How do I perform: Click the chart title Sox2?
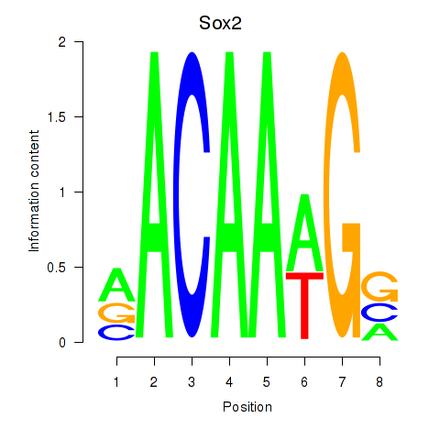[x=220, y=23]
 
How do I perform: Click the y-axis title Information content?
[x=34, y=191]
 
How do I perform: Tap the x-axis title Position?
[x=247, y=407]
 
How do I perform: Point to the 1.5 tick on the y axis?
[x=79, y=116]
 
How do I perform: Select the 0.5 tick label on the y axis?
[x=57, y=268]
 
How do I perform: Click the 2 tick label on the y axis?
[x=62, y=42]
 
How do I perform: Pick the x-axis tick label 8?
[x=379, y=382]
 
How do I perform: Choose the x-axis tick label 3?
[x=192, y=382]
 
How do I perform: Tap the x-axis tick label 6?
[x=304, y=382]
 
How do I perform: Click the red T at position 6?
[x=304, y=305]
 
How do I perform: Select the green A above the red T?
[x=304, y=232]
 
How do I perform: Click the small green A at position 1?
[x=116, y=284]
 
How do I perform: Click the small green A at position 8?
[x=379, y=332]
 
